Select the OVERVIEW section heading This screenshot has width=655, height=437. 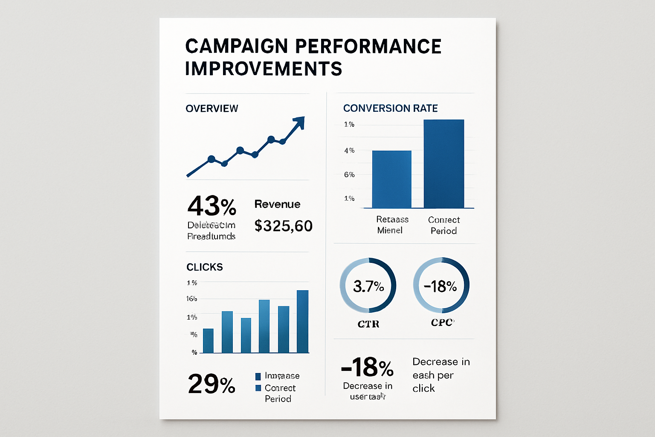[212, 108]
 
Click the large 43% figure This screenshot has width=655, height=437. [212, 206]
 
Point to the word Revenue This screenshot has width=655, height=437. [277, 204]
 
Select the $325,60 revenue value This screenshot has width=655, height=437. [283, 226]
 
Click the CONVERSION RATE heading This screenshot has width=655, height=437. [390, 108]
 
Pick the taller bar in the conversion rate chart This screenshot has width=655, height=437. [443, 164]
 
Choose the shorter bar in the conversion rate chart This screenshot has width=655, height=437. [391, 179]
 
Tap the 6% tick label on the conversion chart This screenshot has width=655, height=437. [349, 175]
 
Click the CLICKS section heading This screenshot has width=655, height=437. [205, 267]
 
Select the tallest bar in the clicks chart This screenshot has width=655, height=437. [302, 321]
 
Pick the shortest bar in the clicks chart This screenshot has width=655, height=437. [208, 341]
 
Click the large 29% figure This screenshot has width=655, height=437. [212, 384]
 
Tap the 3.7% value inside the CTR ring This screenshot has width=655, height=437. [368, 286]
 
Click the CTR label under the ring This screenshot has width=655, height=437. [368, 324]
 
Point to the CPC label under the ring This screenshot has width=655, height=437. [442, 323]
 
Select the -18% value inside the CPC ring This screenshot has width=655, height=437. [441, 286]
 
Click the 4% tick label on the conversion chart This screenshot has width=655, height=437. [349, 150]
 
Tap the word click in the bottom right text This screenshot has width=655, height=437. [423, 388]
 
